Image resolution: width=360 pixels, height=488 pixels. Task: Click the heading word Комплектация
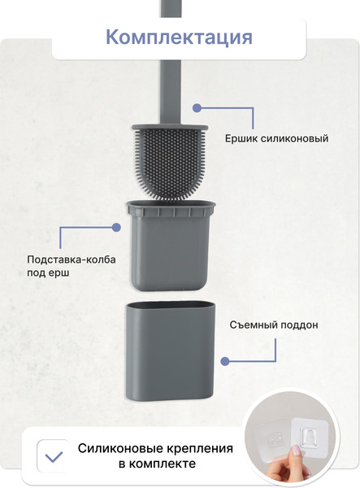(180, 37)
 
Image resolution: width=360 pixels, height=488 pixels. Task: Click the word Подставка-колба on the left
(72, 259)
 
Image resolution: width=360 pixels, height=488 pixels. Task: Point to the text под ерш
(48, 274)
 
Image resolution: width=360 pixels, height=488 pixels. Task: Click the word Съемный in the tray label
(253, 325)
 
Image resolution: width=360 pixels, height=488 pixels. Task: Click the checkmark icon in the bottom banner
(54, 455)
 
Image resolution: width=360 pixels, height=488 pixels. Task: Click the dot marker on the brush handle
(195, 107)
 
